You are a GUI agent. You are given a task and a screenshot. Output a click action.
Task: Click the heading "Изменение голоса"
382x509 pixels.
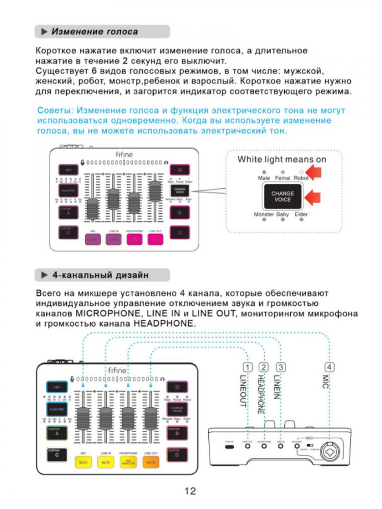(94, 32)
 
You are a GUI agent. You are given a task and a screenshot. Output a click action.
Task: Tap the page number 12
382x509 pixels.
(190, 491)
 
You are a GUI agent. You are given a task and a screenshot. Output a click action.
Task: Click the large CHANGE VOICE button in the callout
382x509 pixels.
(282, 197)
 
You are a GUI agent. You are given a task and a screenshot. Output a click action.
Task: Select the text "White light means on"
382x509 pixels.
(282, 159)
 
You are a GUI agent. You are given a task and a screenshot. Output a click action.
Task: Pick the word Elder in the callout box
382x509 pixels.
(301, 215)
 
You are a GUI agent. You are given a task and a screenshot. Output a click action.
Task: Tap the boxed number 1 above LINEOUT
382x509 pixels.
(248, 367)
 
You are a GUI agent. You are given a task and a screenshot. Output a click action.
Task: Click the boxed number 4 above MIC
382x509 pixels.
(330, 367)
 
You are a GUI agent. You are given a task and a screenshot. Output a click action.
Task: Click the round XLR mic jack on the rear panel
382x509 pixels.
(329, 448)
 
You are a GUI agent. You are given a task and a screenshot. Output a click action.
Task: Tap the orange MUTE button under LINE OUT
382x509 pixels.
(150, 462)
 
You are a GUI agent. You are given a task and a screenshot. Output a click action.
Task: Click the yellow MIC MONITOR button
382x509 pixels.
(128, 462)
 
